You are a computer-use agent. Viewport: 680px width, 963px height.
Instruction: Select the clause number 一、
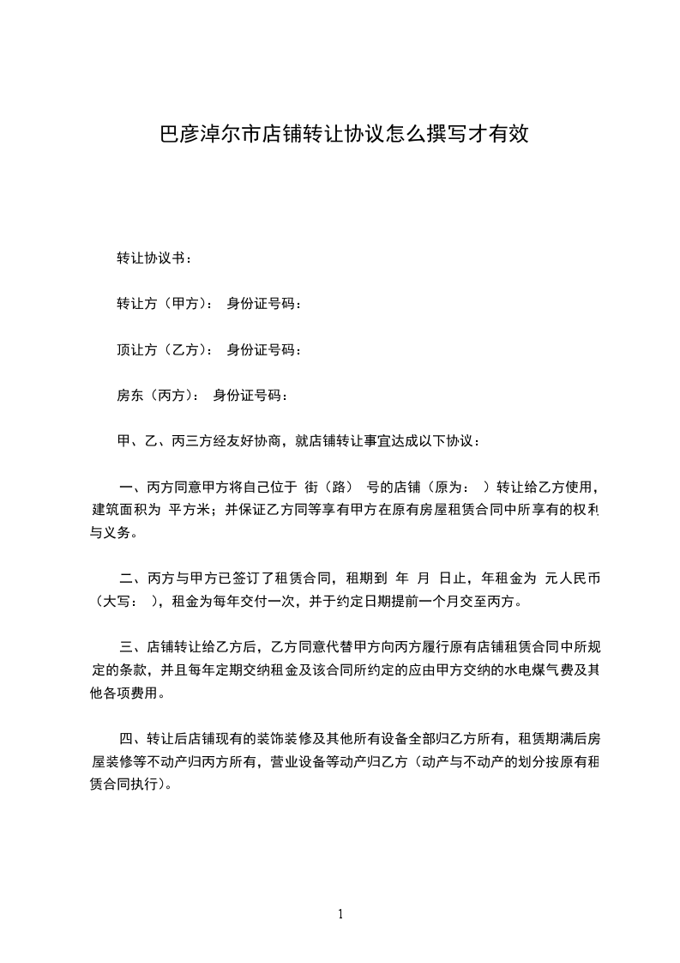point(130,488)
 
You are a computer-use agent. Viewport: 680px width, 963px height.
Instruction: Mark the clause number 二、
point(130,578)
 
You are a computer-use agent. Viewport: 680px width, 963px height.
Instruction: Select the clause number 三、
point(130,647)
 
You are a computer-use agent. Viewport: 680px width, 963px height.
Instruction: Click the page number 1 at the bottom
point(340,914)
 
